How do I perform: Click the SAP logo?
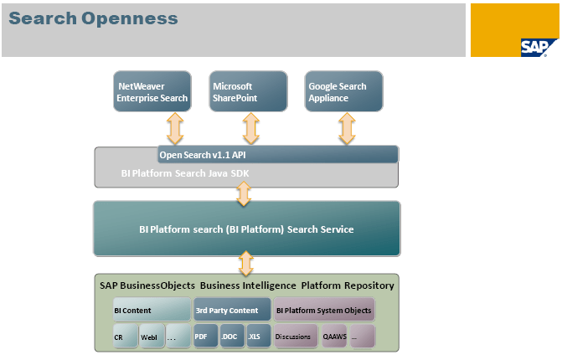pos(538,47)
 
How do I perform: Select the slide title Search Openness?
pos(94,18)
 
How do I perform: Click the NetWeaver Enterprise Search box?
pos(152,92)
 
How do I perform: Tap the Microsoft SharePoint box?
pos(247,92)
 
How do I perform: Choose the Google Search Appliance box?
pos(343,92)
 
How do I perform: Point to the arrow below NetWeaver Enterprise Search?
pos(175,129)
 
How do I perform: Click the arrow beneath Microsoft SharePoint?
pos(251,129)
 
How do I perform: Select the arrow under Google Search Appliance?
pos(347,129)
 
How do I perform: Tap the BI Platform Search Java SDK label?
pos(185,174)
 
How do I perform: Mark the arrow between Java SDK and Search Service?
pos(244,194)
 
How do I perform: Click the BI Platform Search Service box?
pos(246,229)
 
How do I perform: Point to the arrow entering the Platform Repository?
pos(246,264)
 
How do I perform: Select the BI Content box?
pos(151,310)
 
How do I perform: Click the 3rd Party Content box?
pos(232,310)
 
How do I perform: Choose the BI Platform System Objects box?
pos(323,310)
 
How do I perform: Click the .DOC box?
pos(230,337)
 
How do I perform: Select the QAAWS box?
pos(334,337)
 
